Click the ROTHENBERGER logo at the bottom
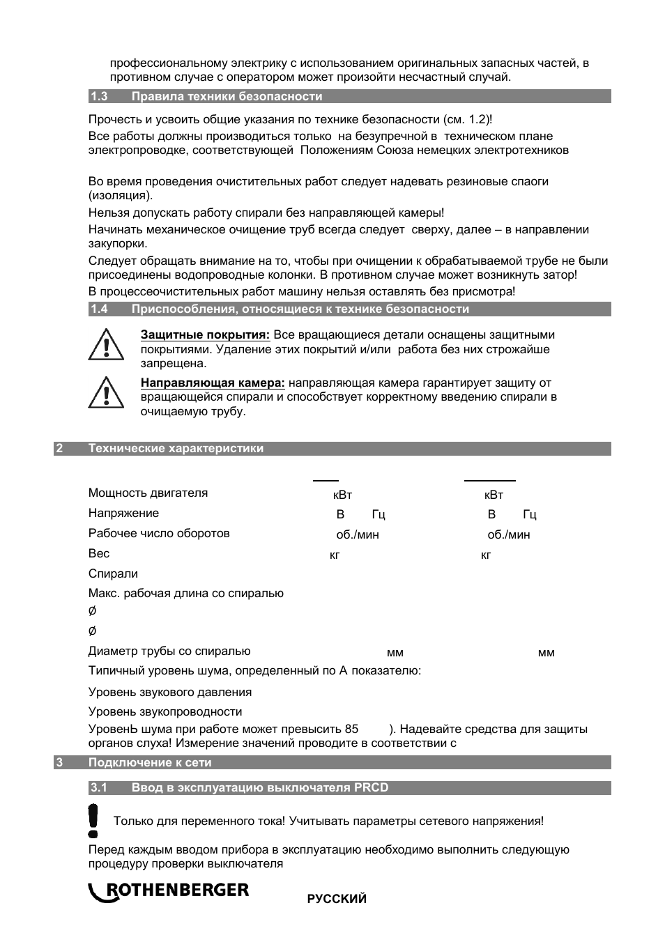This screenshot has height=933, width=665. coord(168,891)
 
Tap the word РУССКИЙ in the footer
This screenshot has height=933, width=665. coord(337,899)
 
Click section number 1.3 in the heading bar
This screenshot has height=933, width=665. coord(98,97)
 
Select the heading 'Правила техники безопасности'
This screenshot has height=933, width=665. coord(227,97)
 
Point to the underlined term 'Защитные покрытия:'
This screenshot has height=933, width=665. coord(205,335)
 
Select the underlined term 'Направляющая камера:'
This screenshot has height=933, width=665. coord(213,383)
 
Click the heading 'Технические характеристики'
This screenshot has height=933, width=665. coord(176,449)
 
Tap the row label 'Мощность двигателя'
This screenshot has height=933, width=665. coord(148,493)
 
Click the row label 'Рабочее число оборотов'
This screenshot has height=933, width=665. coord(159,534)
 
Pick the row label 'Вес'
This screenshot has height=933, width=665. coord(99,554)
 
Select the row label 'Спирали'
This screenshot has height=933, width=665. coord(113,574)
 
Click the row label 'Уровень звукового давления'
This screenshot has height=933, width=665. coord(170,693)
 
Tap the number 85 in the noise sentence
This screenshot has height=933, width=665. coord(351,730)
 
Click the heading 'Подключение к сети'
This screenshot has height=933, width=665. coord(149,763)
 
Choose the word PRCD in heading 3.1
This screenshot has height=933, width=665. coord(371,788)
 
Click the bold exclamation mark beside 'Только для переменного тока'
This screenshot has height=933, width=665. coord(93,820)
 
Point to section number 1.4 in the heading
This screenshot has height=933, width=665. coord(98,309)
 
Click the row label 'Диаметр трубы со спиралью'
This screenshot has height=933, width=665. coord(169,651)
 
